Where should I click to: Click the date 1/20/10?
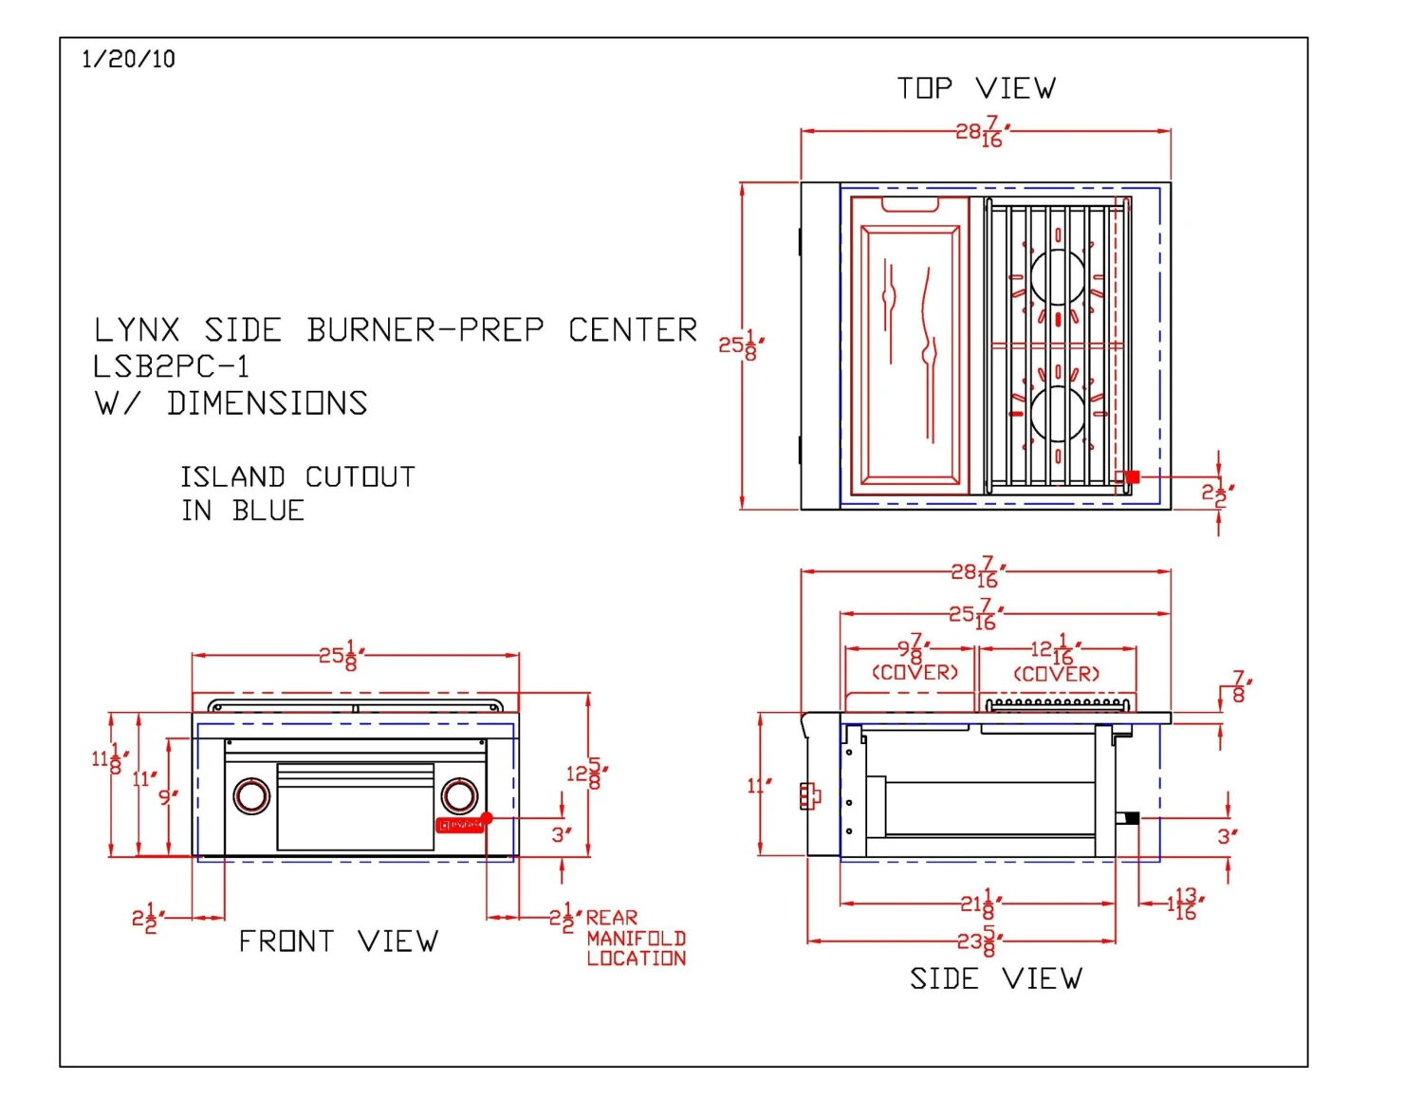click(128, 59)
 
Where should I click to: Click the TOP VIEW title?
click(976, 88)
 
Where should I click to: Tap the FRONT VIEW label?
click(338, 942)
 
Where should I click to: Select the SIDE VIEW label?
click(995, 979)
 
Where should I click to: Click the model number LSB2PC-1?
click(171, 366)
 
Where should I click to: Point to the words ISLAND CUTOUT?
click(298, 476)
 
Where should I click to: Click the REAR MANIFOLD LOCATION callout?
click(635, 938)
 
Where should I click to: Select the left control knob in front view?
click(251, 795)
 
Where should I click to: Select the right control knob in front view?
click(459, 795)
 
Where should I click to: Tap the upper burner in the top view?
click(1058, 276)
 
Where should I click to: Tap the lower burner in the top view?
click(1058, 414)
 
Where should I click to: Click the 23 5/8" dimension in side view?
click(976, 942)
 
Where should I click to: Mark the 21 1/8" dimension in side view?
click(980, 903)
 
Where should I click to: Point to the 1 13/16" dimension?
click(1184, 903)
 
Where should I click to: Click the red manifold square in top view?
click(1131, 477)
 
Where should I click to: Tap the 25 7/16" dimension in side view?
click(976, 614)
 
